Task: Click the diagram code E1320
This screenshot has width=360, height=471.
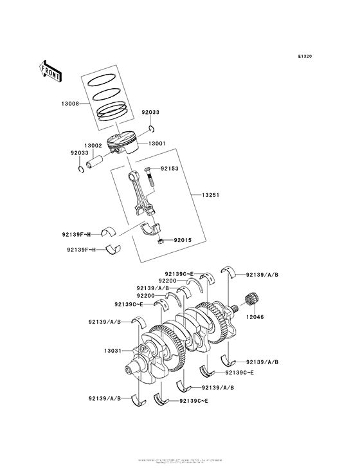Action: click(305, 57)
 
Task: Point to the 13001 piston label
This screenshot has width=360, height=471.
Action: click(158, 143)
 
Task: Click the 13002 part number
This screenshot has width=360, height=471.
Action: click(94, 146)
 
